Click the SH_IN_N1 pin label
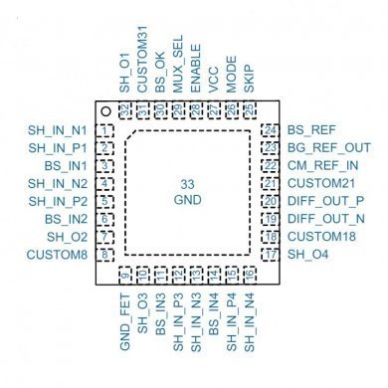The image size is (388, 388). (58, 130)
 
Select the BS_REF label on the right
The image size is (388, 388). (310, 130)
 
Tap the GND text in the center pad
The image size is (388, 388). (187, 201)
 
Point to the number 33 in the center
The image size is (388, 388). (187, 185)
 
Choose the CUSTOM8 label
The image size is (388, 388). (60, 256)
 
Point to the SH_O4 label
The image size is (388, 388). (306, 256)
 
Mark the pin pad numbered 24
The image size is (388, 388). (270, 130)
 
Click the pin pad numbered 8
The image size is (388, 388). (104, 256)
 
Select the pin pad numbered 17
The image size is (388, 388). (270, 256)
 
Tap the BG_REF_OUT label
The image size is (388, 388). (329, 148)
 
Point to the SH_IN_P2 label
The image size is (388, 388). (58, 202)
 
